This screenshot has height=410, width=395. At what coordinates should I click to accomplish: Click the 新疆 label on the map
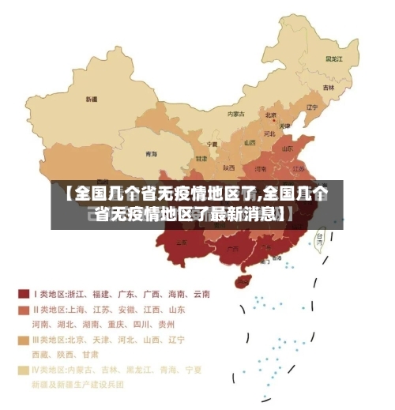coord(92,100)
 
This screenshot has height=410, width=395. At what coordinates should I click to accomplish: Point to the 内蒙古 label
coord(235,114)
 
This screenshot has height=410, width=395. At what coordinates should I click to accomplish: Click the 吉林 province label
coord(329,88)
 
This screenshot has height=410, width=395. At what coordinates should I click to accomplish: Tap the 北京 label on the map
coord(271,115)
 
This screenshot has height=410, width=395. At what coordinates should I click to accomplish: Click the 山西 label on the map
coord(250,143)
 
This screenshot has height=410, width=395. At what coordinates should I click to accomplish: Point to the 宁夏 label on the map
coord(212,145)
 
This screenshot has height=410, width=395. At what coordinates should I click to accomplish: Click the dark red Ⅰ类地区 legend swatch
coord(24,294)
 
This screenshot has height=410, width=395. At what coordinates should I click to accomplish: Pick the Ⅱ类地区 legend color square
coord(24,310)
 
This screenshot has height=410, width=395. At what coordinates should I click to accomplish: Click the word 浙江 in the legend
coord(77,294)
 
